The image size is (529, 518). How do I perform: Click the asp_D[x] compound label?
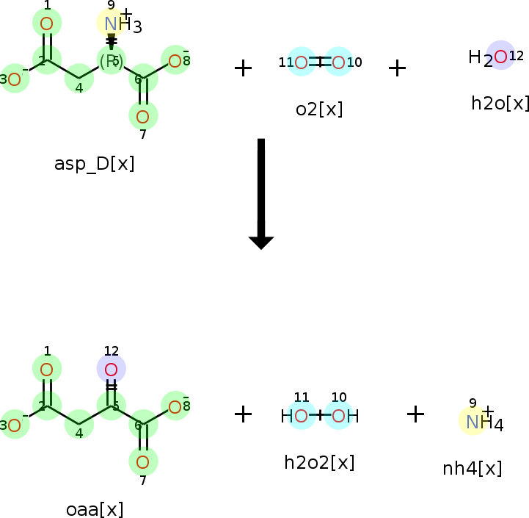(x=94, y=163)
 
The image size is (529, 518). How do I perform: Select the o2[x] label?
(x=319, y=109)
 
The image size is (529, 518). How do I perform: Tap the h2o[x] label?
(x=500, y=103)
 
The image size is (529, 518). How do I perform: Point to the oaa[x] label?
(x=94, y=509)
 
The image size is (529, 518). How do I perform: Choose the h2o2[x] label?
(x=319, y=462)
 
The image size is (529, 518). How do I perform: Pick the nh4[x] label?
(x=473, y=468)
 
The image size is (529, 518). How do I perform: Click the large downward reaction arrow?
(x=260, y=193)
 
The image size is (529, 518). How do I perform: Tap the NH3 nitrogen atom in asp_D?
(x=111, y=24)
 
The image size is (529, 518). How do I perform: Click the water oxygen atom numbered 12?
(x=500, y=56)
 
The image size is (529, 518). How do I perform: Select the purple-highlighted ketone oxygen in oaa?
(x=111, y=369)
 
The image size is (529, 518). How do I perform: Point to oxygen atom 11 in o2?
(x=301, y=62)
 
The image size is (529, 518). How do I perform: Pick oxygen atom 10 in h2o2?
(x=338, y=416)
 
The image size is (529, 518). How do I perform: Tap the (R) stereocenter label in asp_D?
(x=111, y=60)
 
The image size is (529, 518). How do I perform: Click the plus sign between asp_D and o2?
(x=243, y=68)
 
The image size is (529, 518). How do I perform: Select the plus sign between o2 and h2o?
(x=397, y=68)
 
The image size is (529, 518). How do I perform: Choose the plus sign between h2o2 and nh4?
(x=415, y=414)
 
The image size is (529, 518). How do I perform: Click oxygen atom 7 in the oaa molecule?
(x=143, y=461)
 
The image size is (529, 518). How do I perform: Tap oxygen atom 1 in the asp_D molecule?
(x=47, y=24)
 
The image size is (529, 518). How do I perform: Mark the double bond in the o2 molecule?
(x=320, y=62)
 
